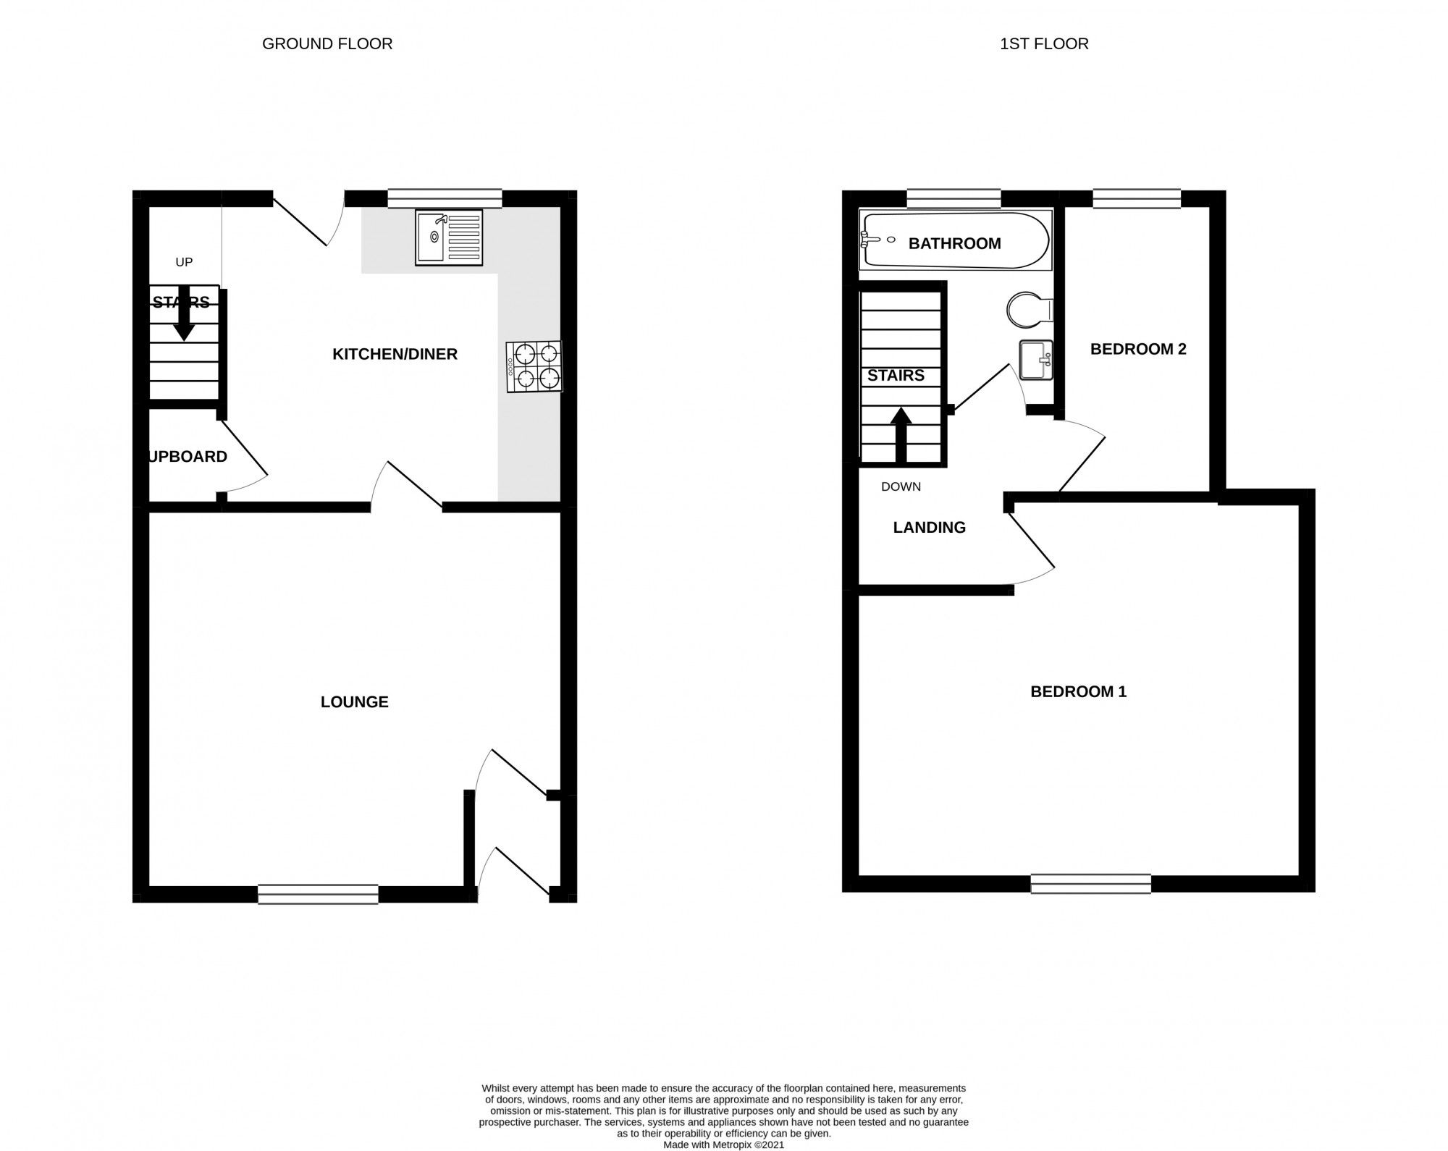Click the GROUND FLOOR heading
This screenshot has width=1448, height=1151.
(327, 44)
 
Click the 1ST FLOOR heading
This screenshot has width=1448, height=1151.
(1043, 44)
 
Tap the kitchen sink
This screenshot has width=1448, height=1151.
(448, 237)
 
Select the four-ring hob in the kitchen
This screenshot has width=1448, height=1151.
(534, 367)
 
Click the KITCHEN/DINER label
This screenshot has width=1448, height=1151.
(395, 354)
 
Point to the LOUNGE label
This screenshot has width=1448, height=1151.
(354, 701)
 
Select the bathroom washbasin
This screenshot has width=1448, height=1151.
(1036, 360)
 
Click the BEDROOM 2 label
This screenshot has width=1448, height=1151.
(1138, 349)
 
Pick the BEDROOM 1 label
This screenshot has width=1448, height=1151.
(1078, 691)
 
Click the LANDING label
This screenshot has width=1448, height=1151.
(929, 527)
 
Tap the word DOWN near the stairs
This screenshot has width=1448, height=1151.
(901, 486)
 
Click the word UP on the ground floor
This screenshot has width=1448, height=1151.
(184, 262)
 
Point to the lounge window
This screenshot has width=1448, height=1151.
(318, 894)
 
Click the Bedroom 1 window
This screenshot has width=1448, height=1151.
(1090, 883)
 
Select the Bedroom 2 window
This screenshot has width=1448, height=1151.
(1136, 198)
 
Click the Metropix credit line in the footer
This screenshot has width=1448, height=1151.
(723, 1144)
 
